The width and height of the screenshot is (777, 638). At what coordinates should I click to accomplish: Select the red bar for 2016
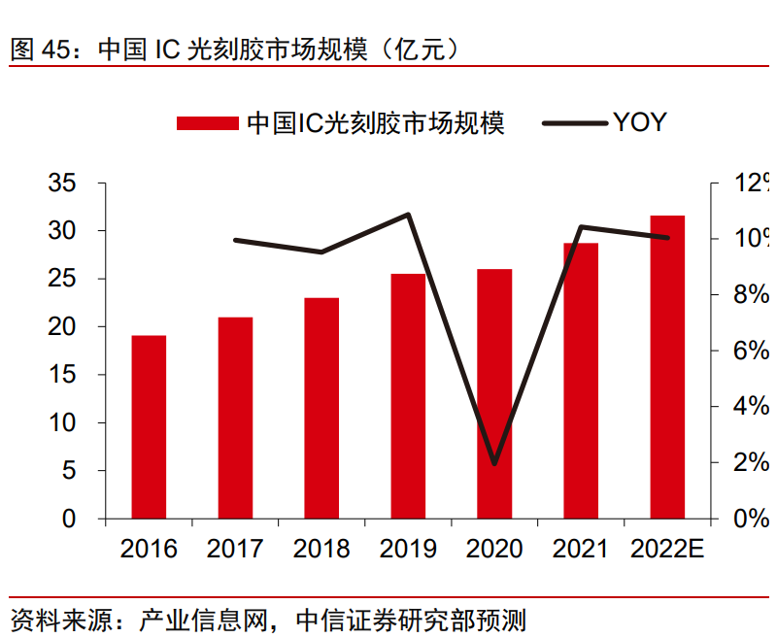pos(149,427)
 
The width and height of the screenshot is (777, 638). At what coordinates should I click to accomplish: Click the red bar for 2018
pos(321,408)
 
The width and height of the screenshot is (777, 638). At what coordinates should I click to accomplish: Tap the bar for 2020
pos(494,393)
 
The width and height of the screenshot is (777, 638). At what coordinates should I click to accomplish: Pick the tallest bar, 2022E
pos(667,367)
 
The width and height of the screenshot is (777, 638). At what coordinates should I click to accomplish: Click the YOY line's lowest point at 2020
pos(494,463)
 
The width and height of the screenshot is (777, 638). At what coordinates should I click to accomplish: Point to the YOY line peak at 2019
pos(409,215)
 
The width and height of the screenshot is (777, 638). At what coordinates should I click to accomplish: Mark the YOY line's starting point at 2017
pos(235,239)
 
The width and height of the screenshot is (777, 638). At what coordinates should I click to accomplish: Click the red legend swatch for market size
pos(207,122)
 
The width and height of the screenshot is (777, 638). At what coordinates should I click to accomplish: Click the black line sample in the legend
pos(573,122)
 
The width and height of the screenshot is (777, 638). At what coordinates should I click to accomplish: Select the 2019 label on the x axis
pos(408,549)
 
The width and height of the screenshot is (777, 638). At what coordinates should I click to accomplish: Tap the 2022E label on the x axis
pos(667,549)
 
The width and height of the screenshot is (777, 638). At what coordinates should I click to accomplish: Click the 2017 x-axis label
pos(235,549)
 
